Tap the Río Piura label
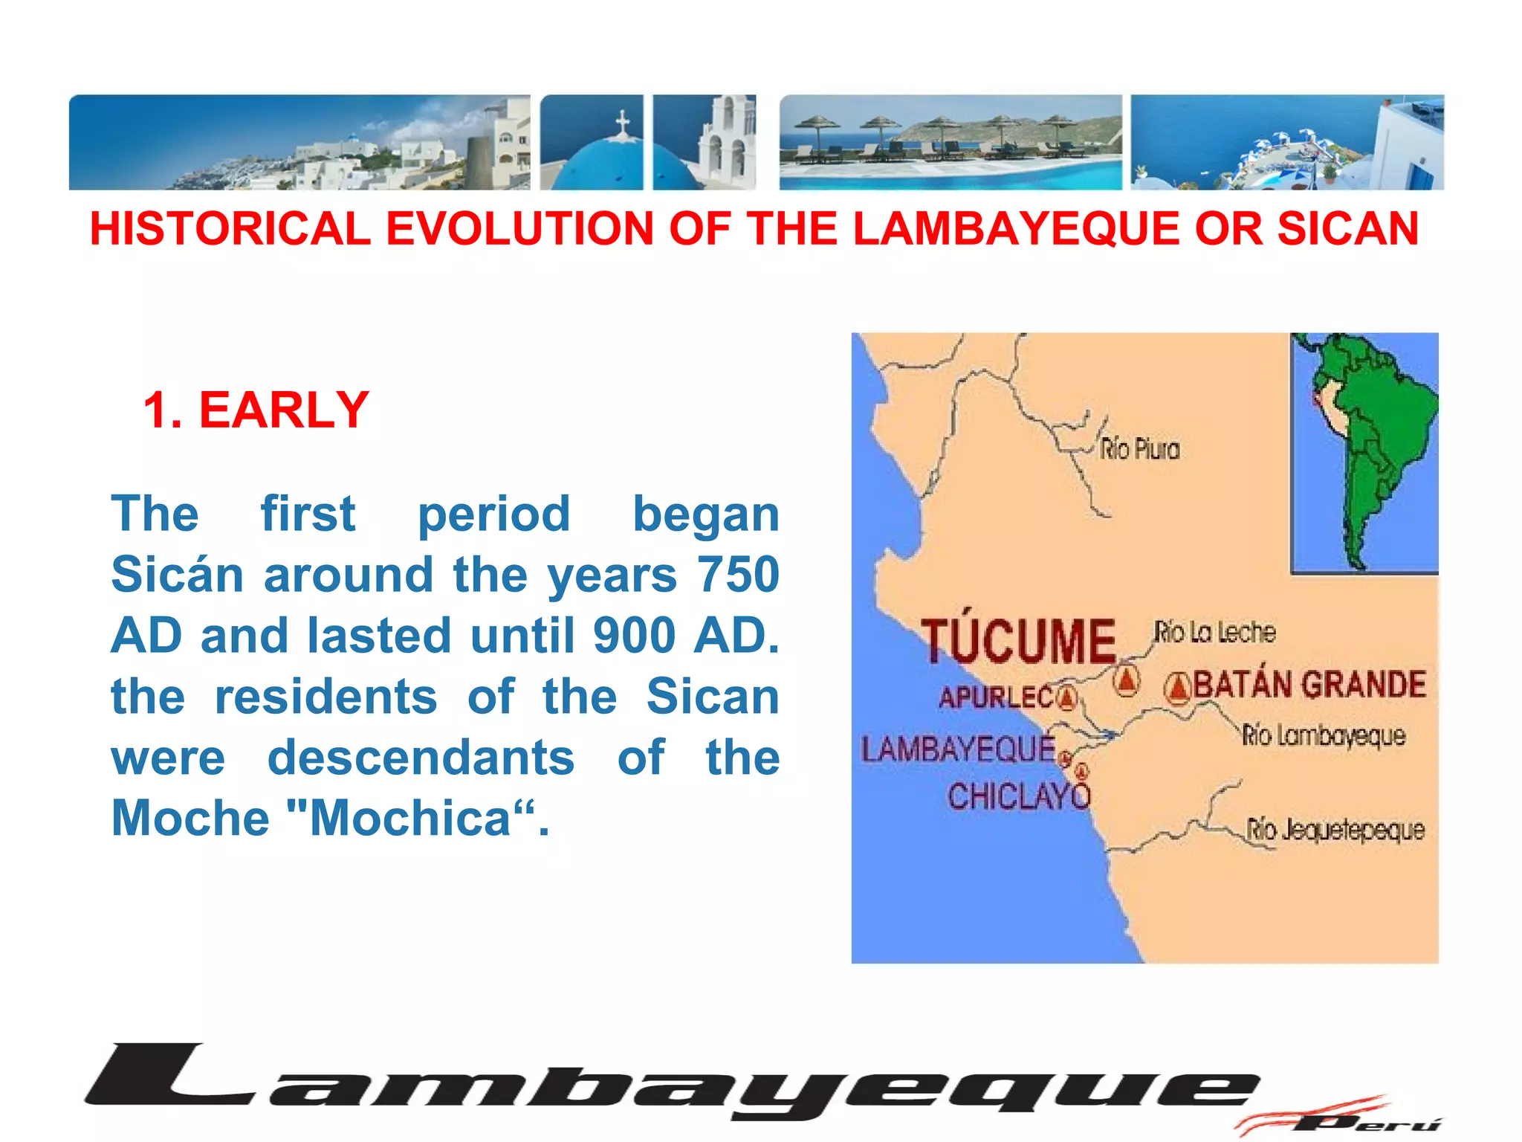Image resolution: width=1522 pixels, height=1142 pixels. tap(1139, 450)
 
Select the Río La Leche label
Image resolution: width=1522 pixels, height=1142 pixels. tap(1214, 633)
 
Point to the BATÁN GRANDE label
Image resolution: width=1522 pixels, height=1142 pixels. tap(1309, 685)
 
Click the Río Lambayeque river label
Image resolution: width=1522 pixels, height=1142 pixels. tap(1324, 736)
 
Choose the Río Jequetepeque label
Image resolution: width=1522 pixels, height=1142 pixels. tap(1335, 830)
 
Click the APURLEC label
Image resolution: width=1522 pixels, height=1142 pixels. tap(996, 698)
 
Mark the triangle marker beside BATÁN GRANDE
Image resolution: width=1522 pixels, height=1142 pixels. tap(1178, 688)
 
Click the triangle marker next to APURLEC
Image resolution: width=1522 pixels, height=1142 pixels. tap(1067, 697)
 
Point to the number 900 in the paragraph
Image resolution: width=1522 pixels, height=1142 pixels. tap(634, 636)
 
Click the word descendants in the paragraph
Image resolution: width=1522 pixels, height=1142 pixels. tap(421, 758)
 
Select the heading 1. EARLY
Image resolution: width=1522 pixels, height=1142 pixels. tap(256, 410)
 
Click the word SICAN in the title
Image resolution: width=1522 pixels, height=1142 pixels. tap(1348, 228)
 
